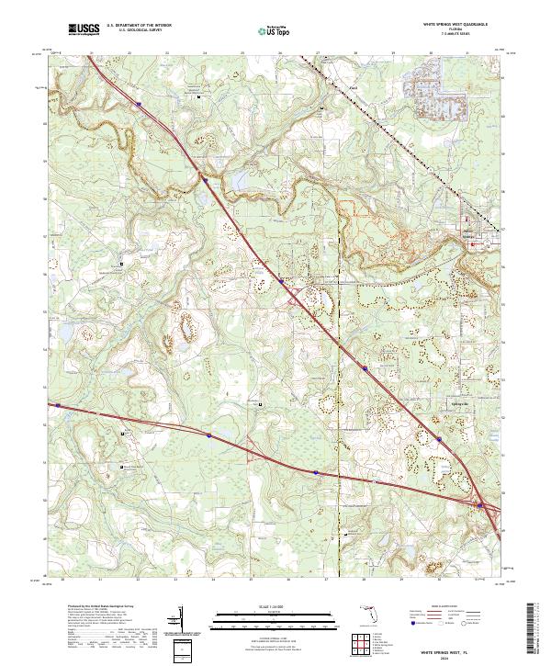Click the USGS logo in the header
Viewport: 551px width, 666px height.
coord(84,30)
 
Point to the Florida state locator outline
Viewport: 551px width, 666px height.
coord(368,615)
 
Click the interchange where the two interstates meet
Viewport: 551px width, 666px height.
coord(483,504)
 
